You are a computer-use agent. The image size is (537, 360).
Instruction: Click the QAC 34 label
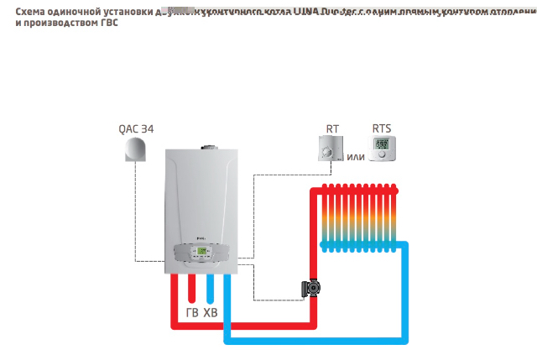(x=137, y=129)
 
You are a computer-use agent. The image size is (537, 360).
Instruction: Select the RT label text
(x=333, y=129)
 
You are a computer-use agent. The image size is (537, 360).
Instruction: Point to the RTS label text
(x=382, y=129)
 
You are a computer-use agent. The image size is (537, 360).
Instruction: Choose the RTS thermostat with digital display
(x=382, y=150)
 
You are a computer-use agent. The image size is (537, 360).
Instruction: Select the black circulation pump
(x=311, y=289)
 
